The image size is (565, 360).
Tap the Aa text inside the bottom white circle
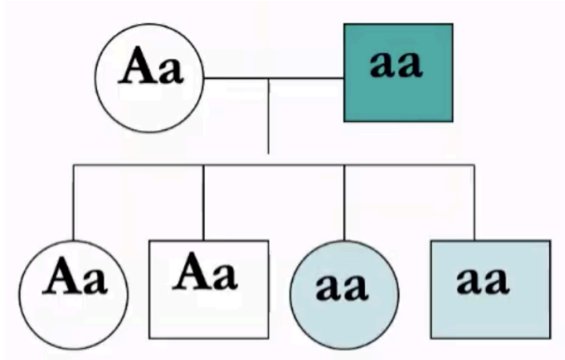coord(74,278)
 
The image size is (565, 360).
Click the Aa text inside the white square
coord(207,272)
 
